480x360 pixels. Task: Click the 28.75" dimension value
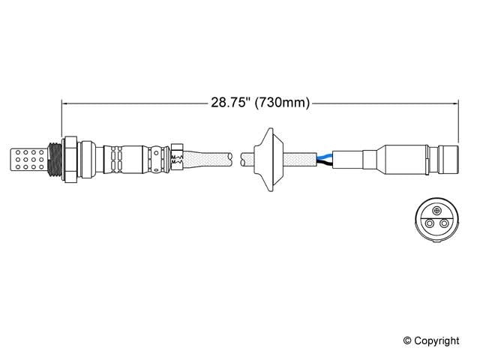click(229, 103)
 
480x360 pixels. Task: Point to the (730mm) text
click(282, 103)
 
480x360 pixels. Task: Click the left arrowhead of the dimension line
click(64, 103)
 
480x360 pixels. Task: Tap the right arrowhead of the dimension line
click(454, 103)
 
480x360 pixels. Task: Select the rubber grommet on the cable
click(266, 158)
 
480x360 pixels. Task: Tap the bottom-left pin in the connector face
click(430, 223)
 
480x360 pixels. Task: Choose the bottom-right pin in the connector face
click(443, 223)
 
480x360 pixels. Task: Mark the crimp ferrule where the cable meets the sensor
click(178, 158)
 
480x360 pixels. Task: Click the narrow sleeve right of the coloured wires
click(352, 159)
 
